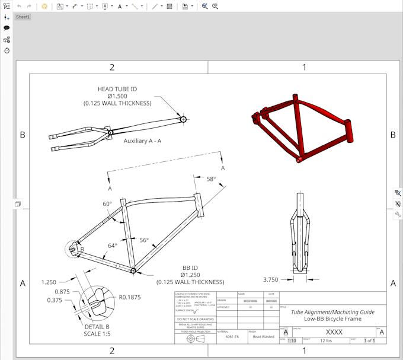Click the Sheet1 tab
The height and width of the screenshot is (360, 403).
pyautogui.click(x=23, y=17)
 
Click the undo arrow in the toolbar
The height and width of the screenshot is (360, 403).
pyautogui.click(x=19, y=6)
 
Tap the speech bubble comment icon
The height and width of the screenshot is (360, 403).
pyautogui.click(x=7, y=28)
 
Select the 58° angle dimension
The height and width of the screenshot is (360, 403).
pyautogui.click(x=212, y=179)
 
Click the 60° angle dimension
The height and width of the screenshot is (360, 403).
pyautogui.click(x=107, y=204)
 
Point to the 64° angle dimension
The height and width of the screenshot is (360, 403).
pyautogui.click(x=112, y=245)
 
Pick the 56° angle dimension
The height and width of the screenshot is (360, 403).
pyautogui.click(x=144, y=240)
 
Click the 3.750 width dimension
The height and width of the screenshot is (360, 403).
pyautogui.click(x=271, y=279)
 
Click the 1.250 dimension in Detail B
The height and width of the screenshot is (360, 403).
pyautogui.click(x=50, y=282)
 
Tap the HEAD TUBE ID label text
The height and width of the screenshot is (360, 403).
pyautogui.click(x=117, y=89)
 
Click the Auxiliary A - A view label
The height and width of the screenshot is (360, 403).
pyautogui.click(x=142, y=142)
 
